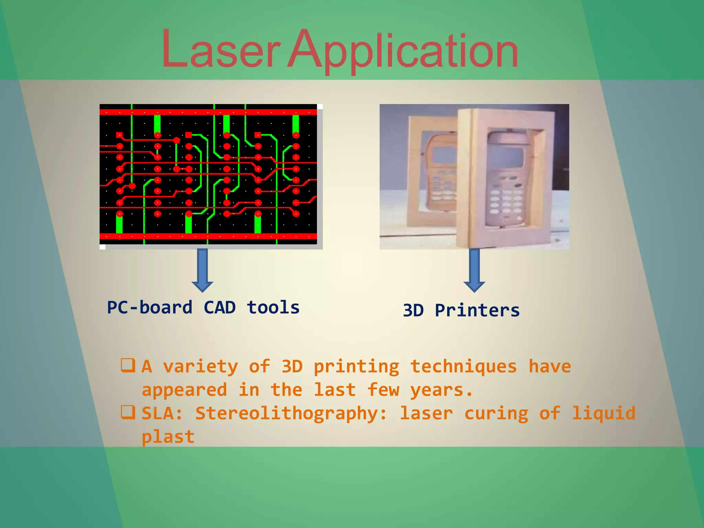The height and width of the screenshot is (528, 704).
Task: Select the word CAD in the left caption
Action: pos(220,307)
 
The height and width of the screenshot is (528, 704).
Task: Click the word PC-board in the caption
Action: pos(150,307)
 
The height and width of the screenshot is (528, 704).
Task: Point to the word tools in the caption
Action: pos(273,307)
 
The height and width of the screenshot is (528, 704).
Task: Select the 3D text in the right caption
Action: pos(413,310)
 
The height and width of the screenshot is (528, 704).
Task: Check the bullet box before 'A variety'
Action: pos(128,365)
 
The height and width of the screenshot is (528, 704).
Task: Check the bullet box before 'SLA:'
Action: pos(128,412)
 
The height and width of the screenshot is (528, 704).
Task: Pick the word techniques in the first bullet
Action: pos(464,367)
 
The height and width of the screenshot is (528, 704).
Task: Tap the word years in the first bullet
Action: pos(441,390)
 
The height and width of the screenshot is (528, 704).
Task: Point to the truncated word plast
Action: pos(168,437)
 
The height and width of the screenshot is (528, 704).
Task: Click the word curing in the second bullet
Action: pos(496,414)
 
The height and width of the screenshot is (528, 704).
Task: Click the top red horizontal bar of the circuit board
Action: pos(208,112)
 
